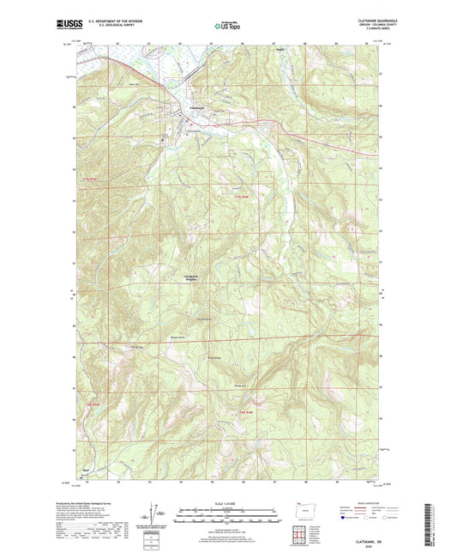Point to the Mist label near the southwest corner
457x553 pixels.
(85, 470)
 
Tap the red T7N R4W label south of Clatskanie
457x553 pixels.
(242, 198)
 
